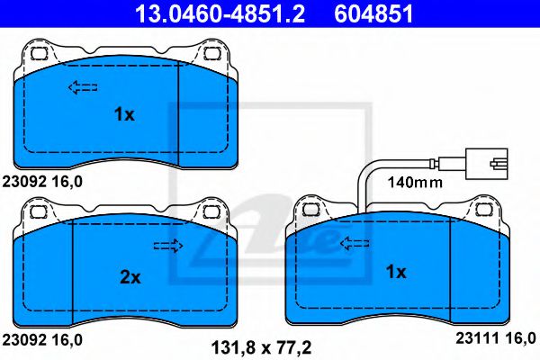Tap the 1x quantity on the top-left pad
pyautogui.click(x=123, y=114)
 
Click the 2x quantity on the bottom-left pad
pyautogui.click(x=130, y=277)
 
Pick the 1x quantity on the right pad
pyautogui.click(x=396, y=271)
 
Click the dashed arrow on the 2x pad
pyautogui.click(x=167, y=247)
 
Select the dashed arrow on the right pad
pyautogui.click(x=353, y=241)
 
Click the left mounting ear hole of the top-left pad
pyautogui.click(x=38, y=53)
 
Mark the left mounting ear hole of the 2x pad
pyautogui.click(x=38, y=212)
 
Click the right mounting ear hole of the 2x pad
pyautogui.click(x=213, y=212)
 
